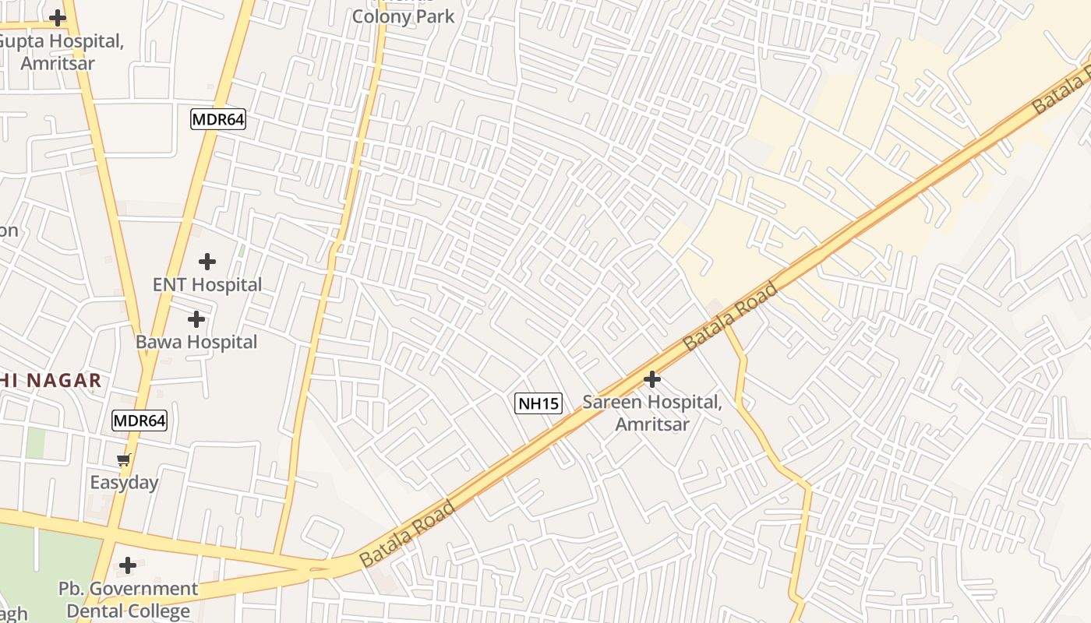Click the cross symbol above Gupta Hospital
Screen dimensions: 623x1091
click(x=57, y=17)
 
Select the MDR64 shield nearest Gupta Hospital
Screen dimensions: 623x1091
click(x=218, y=119)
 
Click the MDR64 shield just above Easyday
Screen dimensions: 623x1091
click(x=139, y=421)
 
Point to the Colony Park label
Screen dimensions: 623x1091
click(x=403, y=16)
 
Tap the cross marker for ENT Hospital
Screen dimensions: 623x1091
click(x=207, y=262)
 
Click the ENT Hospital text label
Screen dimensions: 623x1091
click(x=207, y=285)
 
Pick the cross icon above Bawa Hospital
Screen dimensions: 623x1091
click(x=196, y=319)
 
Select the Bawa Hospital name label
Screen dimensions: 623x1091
click(x=196, y=342)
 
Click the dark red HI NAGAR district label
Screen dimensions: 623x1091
click(x=51, y=381)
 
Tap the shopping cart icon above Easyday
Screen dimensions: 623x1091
click(x=123, y=460)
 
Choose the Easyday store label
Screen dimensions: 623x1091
click(x=124, y=483)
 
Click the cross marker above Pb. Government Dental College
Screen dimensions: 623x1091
click(x=128, y=565)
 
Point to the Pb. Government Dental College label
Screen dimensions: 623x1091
click(x=129, y=600)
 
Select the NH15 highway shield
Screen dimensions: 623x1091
click(x=538, y=403)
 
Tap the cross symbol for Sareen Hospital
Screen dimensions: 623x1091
click(x=651, y=379)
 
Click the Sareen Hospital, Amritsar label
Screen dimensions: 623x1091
click(x=652, y=414)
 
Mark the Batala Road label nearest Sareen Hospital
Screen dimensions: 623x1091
click(x=730, y=315)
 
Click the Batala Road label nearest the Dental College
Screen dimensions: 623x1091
click(x=407, y=534)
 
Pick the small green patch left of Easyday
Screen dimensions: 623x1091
click(x=35, y=442)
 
